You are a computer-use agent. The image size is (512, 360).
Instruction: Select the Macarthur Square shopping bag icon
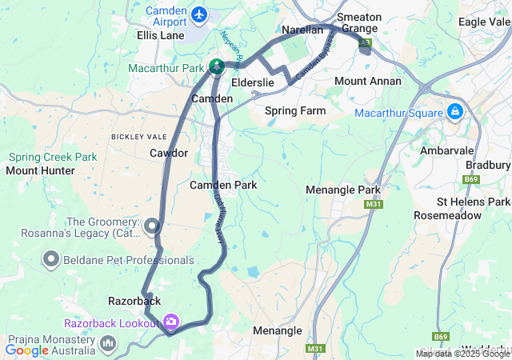point(455,111)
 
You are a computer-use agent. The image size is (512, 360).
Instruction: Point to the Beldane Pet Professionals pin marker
point(52,259)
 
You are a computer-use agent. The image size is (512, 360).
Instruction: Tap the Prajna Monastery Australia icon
point(109,343)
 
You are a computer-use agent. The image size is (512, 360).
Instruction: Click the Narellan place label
point(302,30)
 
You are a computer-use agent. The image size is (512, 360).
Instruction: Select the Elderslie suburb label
point(253,82)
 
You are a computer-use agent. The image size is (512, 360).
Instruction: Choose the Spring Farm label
point(295,110)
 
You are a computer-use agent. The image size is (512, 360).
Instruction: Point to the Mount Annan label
point(362,81)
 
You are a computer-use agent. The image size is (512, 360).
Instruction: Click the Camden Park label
point(223,185)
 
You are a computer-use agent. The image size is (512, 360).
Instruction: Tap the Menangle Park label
point(343,190)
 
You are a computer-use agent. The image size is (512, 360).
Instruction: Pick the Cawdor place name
point(169,152)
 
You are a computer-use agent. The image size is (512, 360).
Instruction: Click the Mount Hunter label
point(40,170)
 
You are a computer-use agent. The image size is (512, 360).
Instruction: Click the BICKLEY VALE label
point(139,137)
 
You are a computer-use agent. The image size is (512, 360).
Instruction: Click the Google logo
point(26,350)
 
